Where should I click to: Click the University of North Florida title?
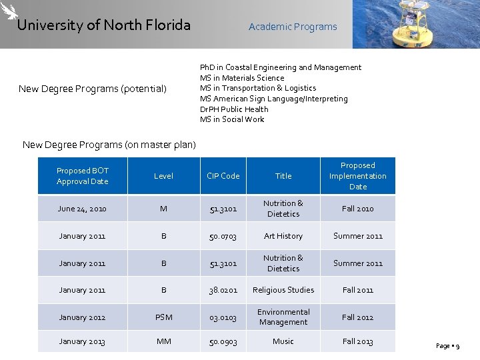pos(103,25)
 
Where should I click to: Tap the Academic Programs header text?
pos(293,27)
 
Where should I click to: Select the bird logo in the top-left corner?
pos(9,11)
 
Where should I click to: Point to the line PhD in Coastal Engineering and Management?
pos(280,67)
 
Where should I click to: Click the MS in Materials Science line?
pos(242,78)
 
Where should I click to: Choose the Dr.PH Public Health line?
pos(234,109)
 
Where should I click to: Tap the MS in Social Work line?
pos(232,119)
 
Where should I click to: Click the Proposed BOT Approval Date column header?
pos(82,176)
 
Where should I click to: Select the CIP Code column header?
pos(223,176)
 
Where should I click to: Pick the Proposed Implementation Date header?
pos(357,176)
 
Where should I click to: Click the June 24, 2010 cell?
pos(82,209)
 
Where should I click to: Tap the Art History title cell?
pos(283,236)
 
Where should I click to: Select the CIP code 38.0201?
pos(223,290)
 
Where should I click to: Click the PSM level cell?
pos(163,317)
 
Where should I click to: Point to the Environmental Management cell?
pos(283,317)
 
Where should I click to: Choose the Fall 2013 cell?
pos(357,341)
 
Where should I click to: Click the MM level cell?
pos(163,341)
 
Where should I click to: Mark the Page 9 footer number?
pos(447,346)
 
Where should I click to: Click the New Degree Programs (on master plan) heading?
pos(109,145)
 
